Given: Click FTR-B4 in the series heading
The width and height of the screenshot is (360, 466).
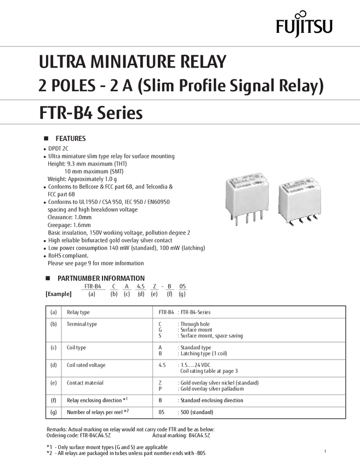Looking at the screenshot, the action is pos(62,113).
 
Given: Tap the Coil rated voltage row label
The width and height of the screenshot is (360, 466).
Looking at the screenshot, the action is pos(86,365).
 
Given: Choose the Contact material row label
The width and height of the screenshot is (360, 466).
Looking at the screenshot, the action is pos(84,382).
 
